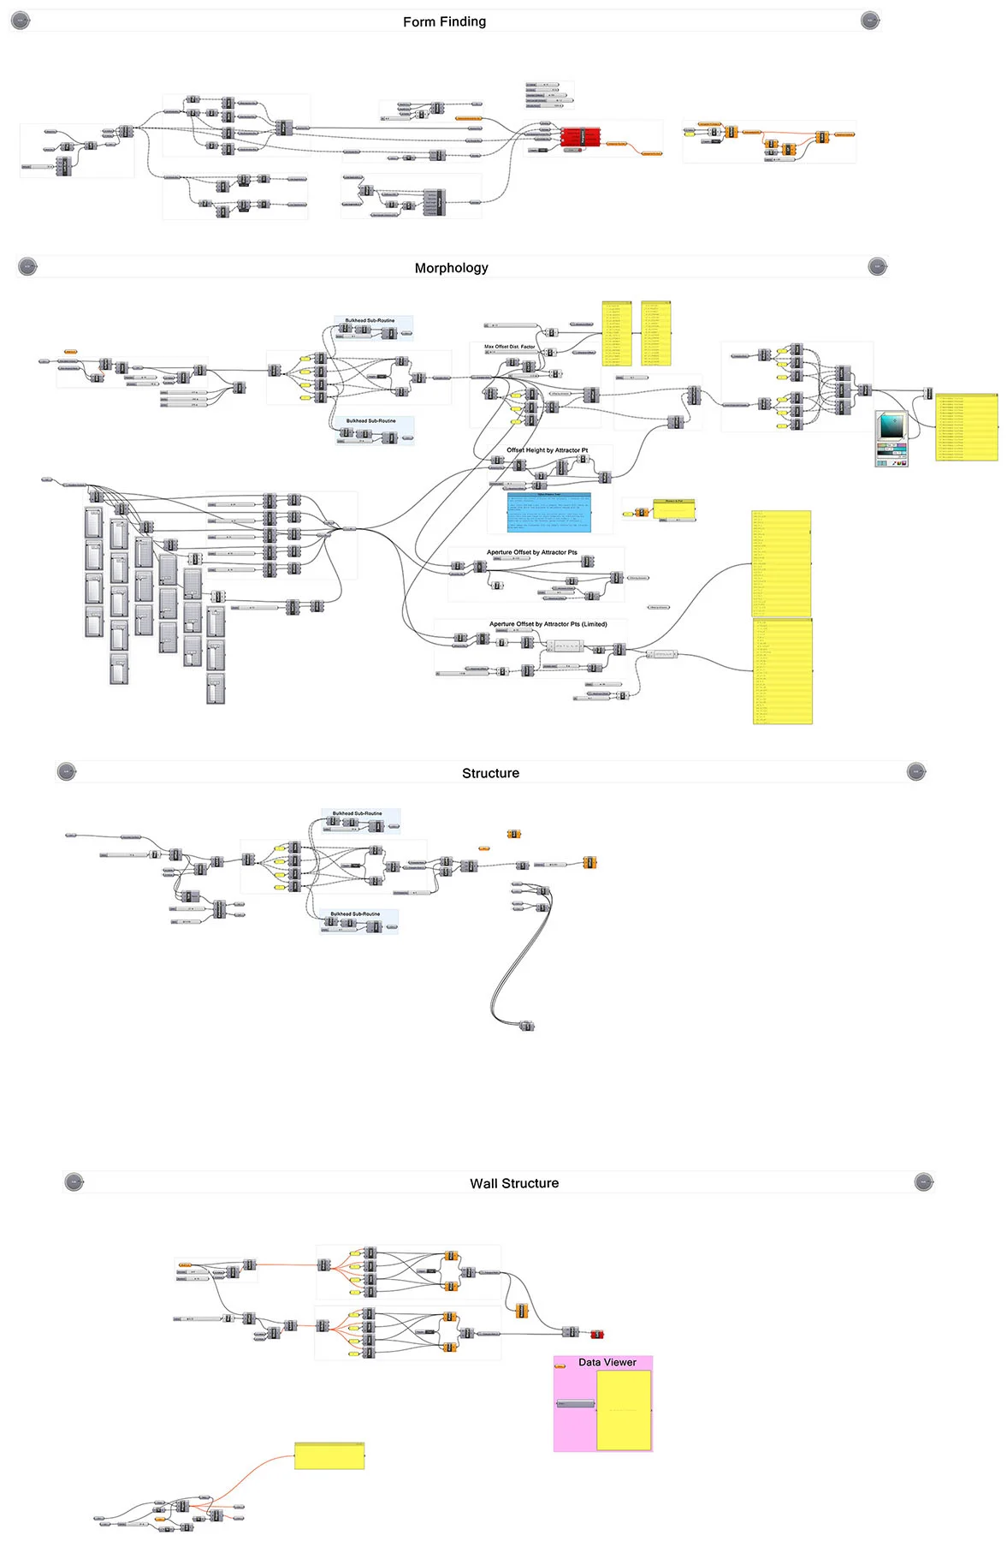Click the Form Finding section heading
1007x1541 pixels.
point(444,21)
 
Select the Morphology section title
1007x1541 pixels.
point(451,268)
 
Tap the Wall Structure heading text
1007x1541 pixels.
point(513,1183)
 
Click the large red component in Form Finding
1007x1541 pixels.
point(581,137)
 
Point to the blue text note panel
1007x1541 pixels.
point(549,512)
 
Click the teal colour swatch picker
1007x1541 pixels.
point(891,425)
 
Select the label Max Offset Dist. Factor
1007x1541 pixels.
point(509,347)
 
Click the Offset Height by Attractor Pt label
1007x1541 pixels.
point(547,450)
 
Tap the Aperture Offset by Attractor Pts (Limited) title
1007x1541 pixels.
point(548,624)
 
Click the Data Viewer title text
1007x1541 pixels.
point(607,1362)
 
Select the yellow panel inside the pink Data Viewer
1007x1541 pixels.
point(624,1410)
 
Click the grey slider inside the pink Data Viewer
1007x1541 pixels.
point(575,1404)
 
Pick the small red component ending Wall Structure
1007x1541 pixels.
point(596,1335)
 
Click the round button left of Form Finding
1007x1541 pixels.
point(21,21)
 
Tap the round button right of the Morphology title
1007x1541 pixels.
point(877,267)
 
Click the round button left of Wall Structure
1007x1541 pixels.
point(74,1182)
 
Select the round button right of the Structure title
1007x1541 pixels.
point(915,772)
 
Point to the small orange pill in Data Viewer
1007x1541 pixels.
point(560,1366)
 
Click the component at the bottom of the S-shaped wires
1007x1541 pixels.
point(527,1026)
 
